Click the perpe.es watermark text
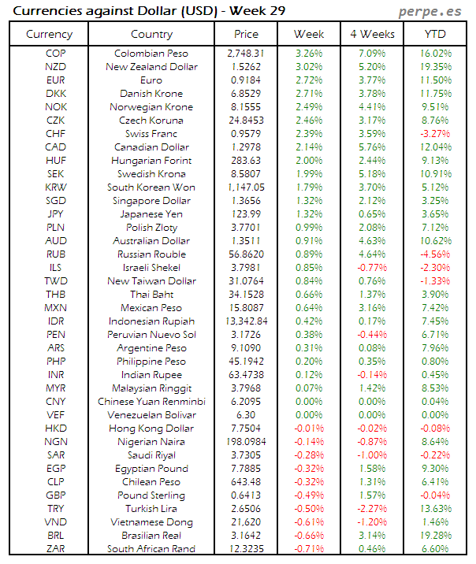[429, 12]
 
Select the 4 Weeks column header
[371, 34]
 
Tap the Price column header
[246, 34]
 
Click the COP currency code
[56, 54]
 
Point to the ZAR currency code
[56, 549]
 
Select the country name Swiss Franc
[151, 134]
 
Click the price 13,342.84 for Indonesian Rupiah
[246, 321]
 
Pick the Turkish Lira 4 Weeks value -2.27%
[371, 509]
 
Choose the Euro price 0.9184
[246, 80]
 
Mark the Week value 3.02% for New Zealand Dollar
[308, 67]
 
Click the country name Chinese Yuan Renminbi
[151, 402]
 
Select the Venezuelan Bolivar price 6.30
[246, 415]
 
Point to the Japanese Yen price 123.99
[246, 214]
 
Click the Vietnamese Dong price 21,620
[246, 522]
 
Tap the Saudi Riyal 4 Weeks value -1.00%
[371, 455]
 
